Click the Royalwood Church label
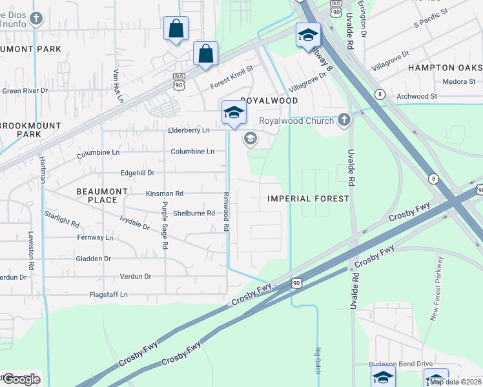(x=296, y=121)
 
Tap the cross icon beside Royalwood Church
(x=344, y=120)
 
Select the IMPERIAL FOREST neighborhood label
(x=309, y=199)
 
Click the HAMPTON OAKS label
(x=445, y=68)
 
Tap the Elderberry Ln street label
(x=189, y=130)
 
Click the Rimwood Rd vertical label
(x=227, y=212)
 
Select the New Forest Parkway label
(x=437, y=289)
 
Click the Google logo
(x=21, y=379)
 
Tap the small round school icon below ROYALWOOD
(x=250, y=139)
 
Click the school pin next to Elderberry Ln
(x=233, y=113)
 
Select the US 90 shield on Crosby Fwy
(x=296, y=283)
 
